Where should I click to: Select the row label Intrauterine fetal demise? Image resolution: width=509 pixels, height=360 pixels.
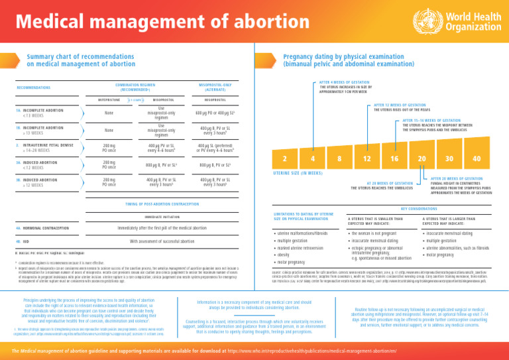[x=44, y=145]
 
